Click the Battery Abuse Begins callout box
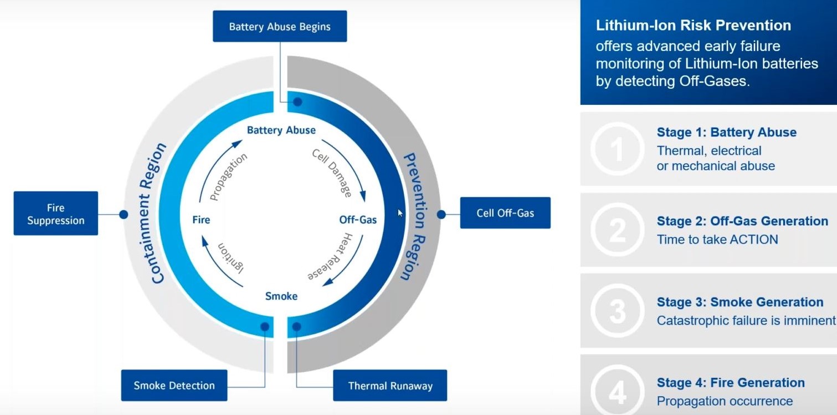pos(280,26)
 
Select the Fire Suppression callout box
pos(56,214)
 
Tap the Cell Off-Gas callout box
pos(505,213)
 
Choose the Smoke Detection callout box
pos(174,385)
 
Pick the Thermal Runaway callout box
pos(390,386)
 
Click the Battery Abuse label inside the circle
pos(281,130)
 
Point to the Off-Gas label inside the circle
pos(358,220)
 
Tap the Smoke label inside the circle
pos(281,296)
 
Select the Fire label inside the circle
pos(201,220)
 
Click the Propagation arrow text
pos(228,176)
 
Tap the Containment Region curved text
pos(159,214)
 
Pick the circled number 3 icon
pos(617,311)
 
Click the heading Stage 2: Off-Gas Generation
pos(742,221)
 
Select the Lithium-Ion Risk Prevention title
pos(694,26)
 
